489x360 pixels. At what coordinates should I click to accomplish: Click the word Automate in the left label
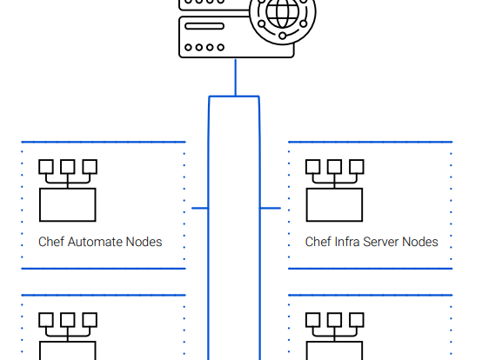pyautogui.click(x=96, y=242)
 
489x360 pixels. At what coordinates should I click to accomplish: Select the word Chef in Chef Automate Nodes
pyautogui.click(x=51, y=242)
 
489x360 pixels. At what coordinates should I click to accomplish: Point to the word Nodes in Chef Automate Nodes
pyautogui.click(x=144, y=242)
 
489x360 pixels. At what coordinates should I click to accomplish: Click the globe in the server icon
pyautogui.click(x=283, y=12)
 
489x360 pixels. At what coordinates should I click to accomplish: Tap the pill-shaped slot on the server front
pyautogui.click(x=204, y=26)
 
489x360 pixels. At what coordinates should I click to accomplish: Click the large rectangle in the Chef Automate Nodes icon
pyautogui.click(x=68, y=204)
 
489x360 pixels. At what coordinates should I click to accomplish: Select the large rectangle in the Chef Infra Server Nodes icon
pyautogui.click(x=334, y=204)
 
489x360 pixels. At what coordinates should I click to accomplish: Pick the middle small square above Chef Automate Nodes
pyautogui.click(x=68, y=167)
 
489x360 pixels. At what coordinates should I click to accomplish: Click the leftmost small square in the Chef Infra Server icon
pyautogui.click(x=312, y=167)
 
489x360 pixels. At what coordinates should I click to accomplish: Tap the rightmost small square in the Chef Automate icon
pyautogui.click(x=90, y=167)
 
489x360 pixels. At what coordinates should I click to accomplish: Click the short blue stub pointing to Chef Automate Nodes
pyautogui.click(x=200, y=208)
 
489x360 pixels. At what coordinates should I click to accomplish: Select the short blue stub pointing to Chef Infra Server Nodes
pyautogui.click(x=270, y=208)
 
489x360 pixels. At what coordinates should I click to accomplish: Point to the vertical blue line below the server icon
pyautogui.click(x=236, y=77)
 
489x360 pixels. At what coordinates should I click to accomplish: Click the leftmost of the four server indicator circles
pyautogui.click(x=188, y=47)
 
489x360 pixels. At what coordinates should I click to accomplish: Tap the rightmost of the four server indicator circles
pyautogui.click(x=221, y=47)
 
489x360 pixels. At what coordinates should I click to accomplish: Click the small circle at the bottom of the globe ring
pyautogui.click(x=283, y=36)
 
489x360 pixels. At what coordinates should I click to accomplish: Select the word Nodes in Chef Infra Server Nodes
pyautogui.click(x=420, y=242)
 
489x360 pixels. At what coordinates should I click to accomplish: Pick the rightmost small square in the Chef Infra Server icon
pyautogui.click(x=357, y=167)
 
